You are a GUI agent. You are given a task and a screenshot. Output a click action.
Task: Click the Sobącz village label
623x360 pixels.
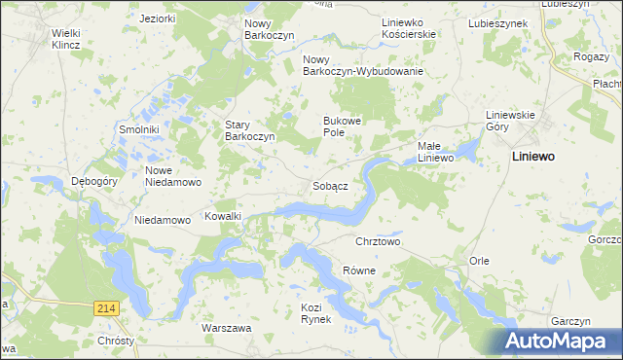[331, 185]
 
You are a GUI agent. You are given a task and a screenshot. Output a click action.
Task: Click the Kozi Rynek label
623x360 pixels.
[316, 313]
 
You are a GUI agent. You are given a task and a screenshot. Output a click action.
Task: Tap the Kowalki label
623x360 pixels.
[223, 216]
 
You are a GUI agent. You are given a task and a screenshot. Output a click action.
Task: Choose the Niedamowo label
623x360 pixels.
[162, 220]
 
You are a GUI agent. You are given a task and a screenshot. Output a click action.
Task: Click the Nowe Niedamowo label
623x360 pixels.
[172, 175]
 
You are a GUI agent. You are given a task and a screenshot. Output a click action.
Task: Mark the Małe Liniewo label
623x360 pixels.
[436, 152]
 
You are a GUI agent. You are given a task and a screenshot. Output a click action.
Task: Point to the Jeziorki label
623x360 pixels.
[158, 18]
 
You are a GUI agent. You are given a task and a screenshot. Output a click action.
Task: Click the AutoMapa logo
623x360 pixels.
[561, 342]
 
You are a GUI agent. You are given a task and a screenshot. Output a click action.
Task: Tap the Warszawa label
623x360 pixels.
[227, 328]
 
